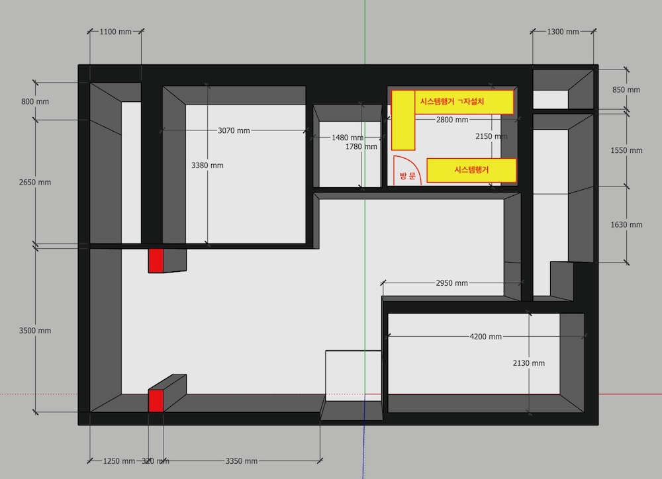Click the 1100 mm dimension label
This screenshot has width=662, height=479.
pyautogui.click(x=115, y=32)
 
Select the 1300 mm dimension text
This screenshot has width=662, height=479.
pyautogui.click(x=563, y=32)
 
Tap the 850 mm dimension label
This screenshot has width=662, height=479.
pyautogui.click(x=626, y=90)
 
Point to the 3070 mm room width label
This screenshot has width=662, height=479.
pyautogui.click(x=234, y=131)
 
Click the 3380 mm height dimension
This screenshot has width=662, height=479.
pyautogui.click(x=207, y=165)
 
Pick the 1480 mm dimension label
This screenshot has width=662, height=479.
pyautogui.click(x=347, y=138)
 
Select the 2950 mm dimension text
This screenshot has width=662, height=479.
pyautogui.click(x=451, y=283)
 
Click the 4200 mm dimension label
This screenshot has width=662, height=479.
pyautogui.click(x=485, y=337)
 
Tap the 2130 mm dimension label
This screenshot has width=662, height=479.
pyautogui.click(x=528, y=363)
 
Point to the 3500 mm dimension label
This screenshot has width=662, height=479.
pyautogui.click(x=35, y=331)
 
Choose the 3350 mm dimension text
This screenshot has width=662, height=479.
pyautogui.click(x=242, y=461)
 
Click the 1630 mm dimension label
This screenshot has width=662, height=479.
pyautogui.click(x=626, y=225)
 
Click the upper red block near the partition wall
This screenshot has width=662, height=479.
pyautogui.click(x=156, y=261)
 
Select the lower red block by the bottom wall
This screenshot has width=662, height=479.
pyautogui.click(x=156, y=400)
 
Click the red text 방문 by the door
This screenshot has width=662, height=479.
pyautogui.click(x=408, y=176)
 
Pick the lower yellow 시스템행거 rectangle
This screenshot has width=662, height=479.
pyautogui.click(x=471, y=170)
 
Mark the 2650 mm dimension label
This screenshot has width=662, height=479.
pyautogui.click(x=35, y=183)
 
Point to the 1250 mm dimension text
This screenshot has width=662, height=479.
pyautogui.click(x=119, y=461)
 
